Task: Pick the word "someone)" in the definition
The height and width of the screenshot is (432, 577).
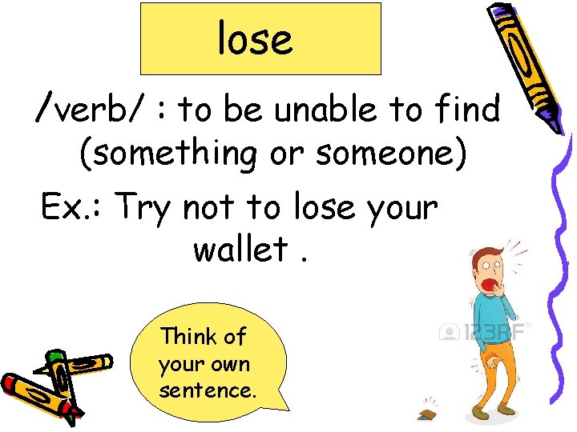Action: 391,152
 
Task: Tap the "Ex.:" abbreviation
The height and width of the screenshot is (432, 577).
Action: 72,208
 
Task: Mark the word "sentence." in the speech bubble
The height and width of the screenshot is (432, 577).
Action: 208,391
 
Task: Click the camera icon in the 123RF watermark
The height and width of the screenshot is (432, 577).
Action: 447,331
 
